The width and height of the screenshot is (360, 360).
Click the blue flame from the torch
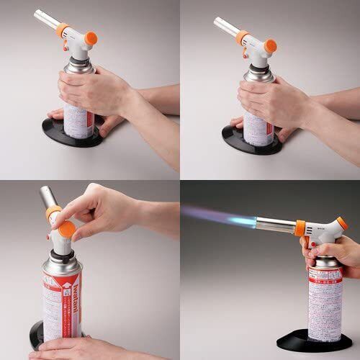[216, 215]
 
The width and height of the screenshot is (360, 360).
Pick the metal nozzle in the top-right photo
[225, 27]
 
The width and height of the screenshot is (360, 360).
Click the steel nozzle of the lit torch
[274, 225]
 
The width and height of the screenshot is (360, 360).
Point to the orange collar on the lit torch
[300, 228]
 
